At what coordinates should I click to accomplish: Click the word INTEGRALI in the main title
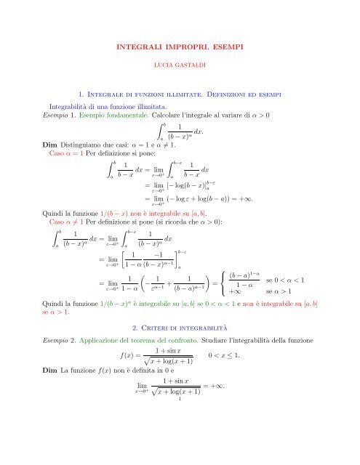(x=140, y=46)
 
